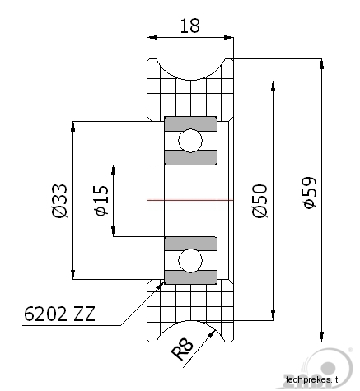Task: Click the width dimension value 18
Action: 189,26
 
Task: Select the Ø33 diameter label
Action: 59,201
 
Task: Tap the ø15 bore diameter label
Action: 101,201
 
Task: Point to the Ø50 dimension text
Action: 259,201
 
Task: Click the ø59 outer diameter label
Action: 309,193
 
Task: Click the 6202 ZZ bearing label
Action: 59,314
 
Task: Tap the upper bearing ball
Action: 190,141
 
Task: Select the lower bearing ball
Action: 190,261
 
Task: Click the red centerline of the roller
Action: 190,200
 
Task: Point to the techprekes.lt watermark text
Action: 311,380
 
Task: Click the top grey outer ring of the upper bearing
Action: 190,123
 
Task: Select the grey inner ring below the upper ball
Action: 190,157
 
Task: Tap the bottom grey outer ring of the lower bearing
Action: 190,277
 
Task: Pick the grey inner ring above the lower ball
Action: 190,244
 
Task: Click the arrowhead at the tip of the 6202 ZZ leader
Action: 159,286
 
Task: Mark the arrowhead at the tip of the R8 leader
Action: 212,333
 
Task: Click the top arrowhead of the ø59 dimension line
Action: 321,64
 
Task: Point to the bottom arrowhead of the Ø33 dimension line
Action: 72,274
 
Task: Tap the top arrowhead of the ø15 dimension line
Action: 114,170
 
